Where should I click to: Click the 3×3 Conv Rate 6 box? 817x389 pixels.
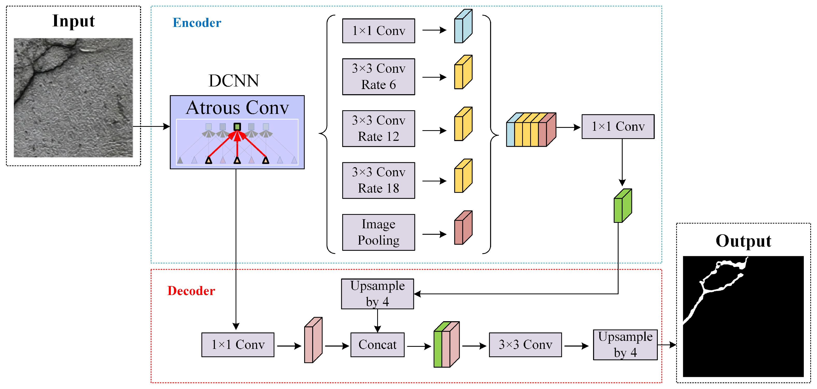pos(378,76)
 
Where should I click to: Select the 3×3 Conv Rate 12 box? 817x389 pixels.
pos(378,128)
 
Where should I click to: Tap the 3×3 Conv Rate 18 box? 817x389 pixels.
pos(378,180)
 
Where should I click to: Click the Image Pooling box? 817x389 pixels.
pos(378,232)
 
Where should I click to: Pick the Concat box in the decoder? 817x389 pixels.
pos(377,345)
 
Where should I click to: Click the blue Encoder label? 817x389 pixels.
pos(197,23)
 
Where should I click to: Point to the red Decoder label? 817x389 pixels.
pos(191,291)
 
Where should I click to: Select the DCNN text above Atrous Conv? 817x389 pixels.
pos(234,81)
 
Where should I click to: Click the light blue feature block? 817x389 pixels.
pos(463,27)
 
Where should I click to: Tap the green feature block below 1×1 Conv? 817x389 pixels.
pos(622,206)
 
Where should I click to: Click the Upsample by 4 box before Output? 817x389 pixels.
pos(625,345)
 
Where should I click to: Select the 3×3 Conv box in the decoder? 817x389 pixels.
pos(525,345)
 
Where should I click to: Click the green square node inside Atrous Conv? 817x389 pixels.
pos(237,127)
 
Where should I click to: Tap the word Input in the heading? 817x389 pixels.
pos(73,21)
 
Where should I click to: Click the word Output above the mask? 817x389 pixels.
pos(743,241)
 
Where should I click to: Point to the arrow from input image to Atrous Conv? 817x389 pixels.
pos(151,127)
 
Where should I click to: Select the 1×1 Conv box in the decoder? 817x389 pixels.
pos(238,345)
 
